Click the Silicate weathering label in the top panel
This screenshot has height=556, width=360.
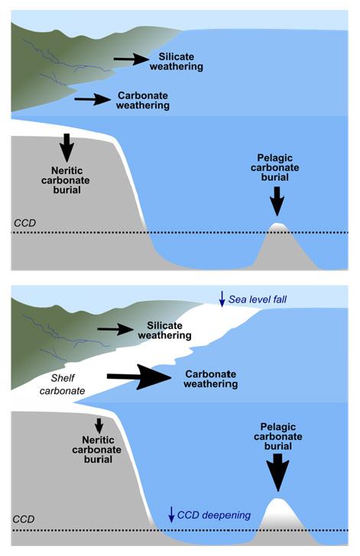pos(180,62)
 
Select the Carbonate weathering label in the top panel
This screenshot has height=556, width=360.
pos(142,101)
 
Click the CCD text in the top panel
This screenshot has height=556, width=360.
pos(25,223)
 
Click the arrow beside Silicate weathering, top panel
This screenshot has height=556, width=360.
pos(131,59)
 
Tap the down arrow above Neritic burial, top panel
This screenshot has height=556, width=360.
pos(67,145)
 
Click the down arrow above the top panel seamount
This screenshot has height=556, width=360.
pos(277,202)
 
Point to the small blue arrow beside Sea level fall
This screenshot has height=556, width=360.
pos(222,299)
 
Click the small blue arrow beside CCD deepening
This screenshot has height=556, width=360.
pos(171,514)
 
